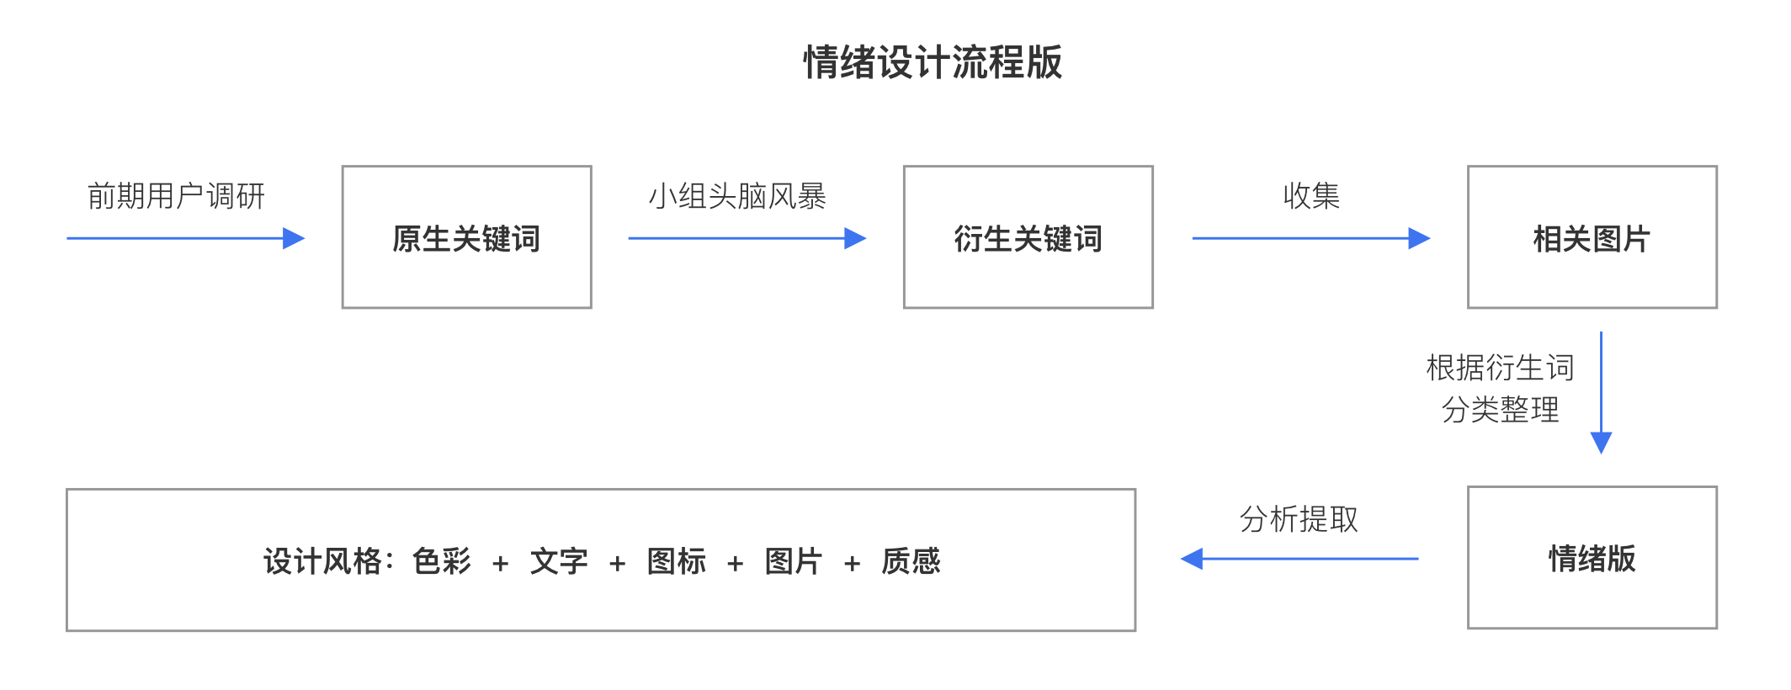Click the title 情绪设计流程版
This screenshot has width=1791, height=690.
click(933, 63)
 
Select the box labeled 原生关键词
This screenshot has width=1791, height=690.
click(466, 238)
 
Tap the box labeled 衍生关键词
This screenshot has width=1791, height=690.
click(1028, 238)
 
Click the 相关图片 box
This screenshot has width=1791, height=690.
click(1592, 238)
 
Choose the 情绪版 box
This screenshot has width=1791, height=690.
click(1592, 558)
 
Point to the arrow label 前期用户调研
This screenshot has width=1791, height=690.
click(176, 196)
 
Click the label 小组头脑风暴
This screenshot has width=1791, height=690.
click(736, 196)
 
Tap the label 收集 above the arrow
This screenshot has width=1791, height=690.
click(1311, 196)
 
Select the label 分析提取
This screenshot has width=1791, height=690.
click(1299, 519)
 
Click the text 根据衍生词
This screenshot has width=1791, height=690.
click(1500, 368)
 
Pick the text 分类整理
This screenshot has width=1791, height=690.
click(1500, 410)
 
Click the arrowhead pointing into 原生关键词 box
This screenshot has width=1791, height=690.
click(294, 238)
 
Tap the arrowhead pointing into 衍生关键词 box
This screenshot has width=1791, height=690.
click(855, 238)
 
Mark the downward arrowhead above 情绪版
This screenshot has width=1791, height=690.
click(1601, 443)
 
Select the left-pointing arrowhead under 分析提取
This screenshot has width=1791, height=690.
click(1192, 558)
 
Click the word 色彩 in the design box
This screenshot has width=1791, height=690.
click(442, 561)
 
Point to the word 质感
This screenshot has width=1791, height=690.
click(911, 561)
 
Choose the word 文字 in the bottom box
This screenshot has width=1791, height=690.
click(559, 561)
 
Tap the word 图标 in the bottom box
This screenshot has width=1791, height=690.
click(677, 561)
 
